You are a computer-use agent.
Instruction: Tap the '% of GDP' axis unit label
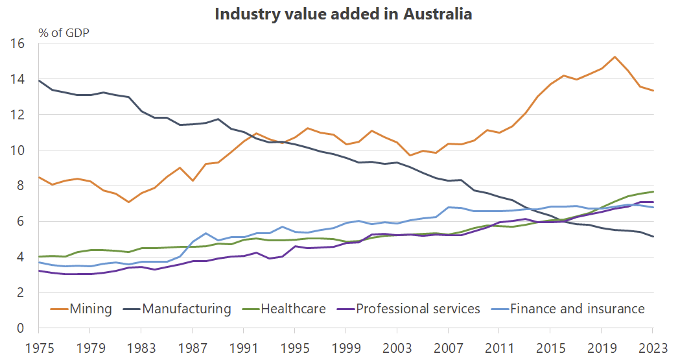(64, 33)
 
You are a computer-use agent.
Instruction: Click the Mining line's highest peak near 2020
(615, 57)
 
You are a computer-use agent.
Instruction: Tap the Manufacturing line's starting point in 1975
(40, 81)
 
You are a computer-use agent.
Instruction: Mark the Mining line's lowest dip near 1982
(129, 202)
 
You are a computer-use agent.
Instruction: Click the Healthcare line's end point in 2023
(652, 191)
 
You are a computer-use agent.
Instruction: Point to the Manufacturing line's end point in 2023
(652, 237)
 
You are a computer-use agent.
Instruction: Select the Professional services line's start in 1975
(40, 270)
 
